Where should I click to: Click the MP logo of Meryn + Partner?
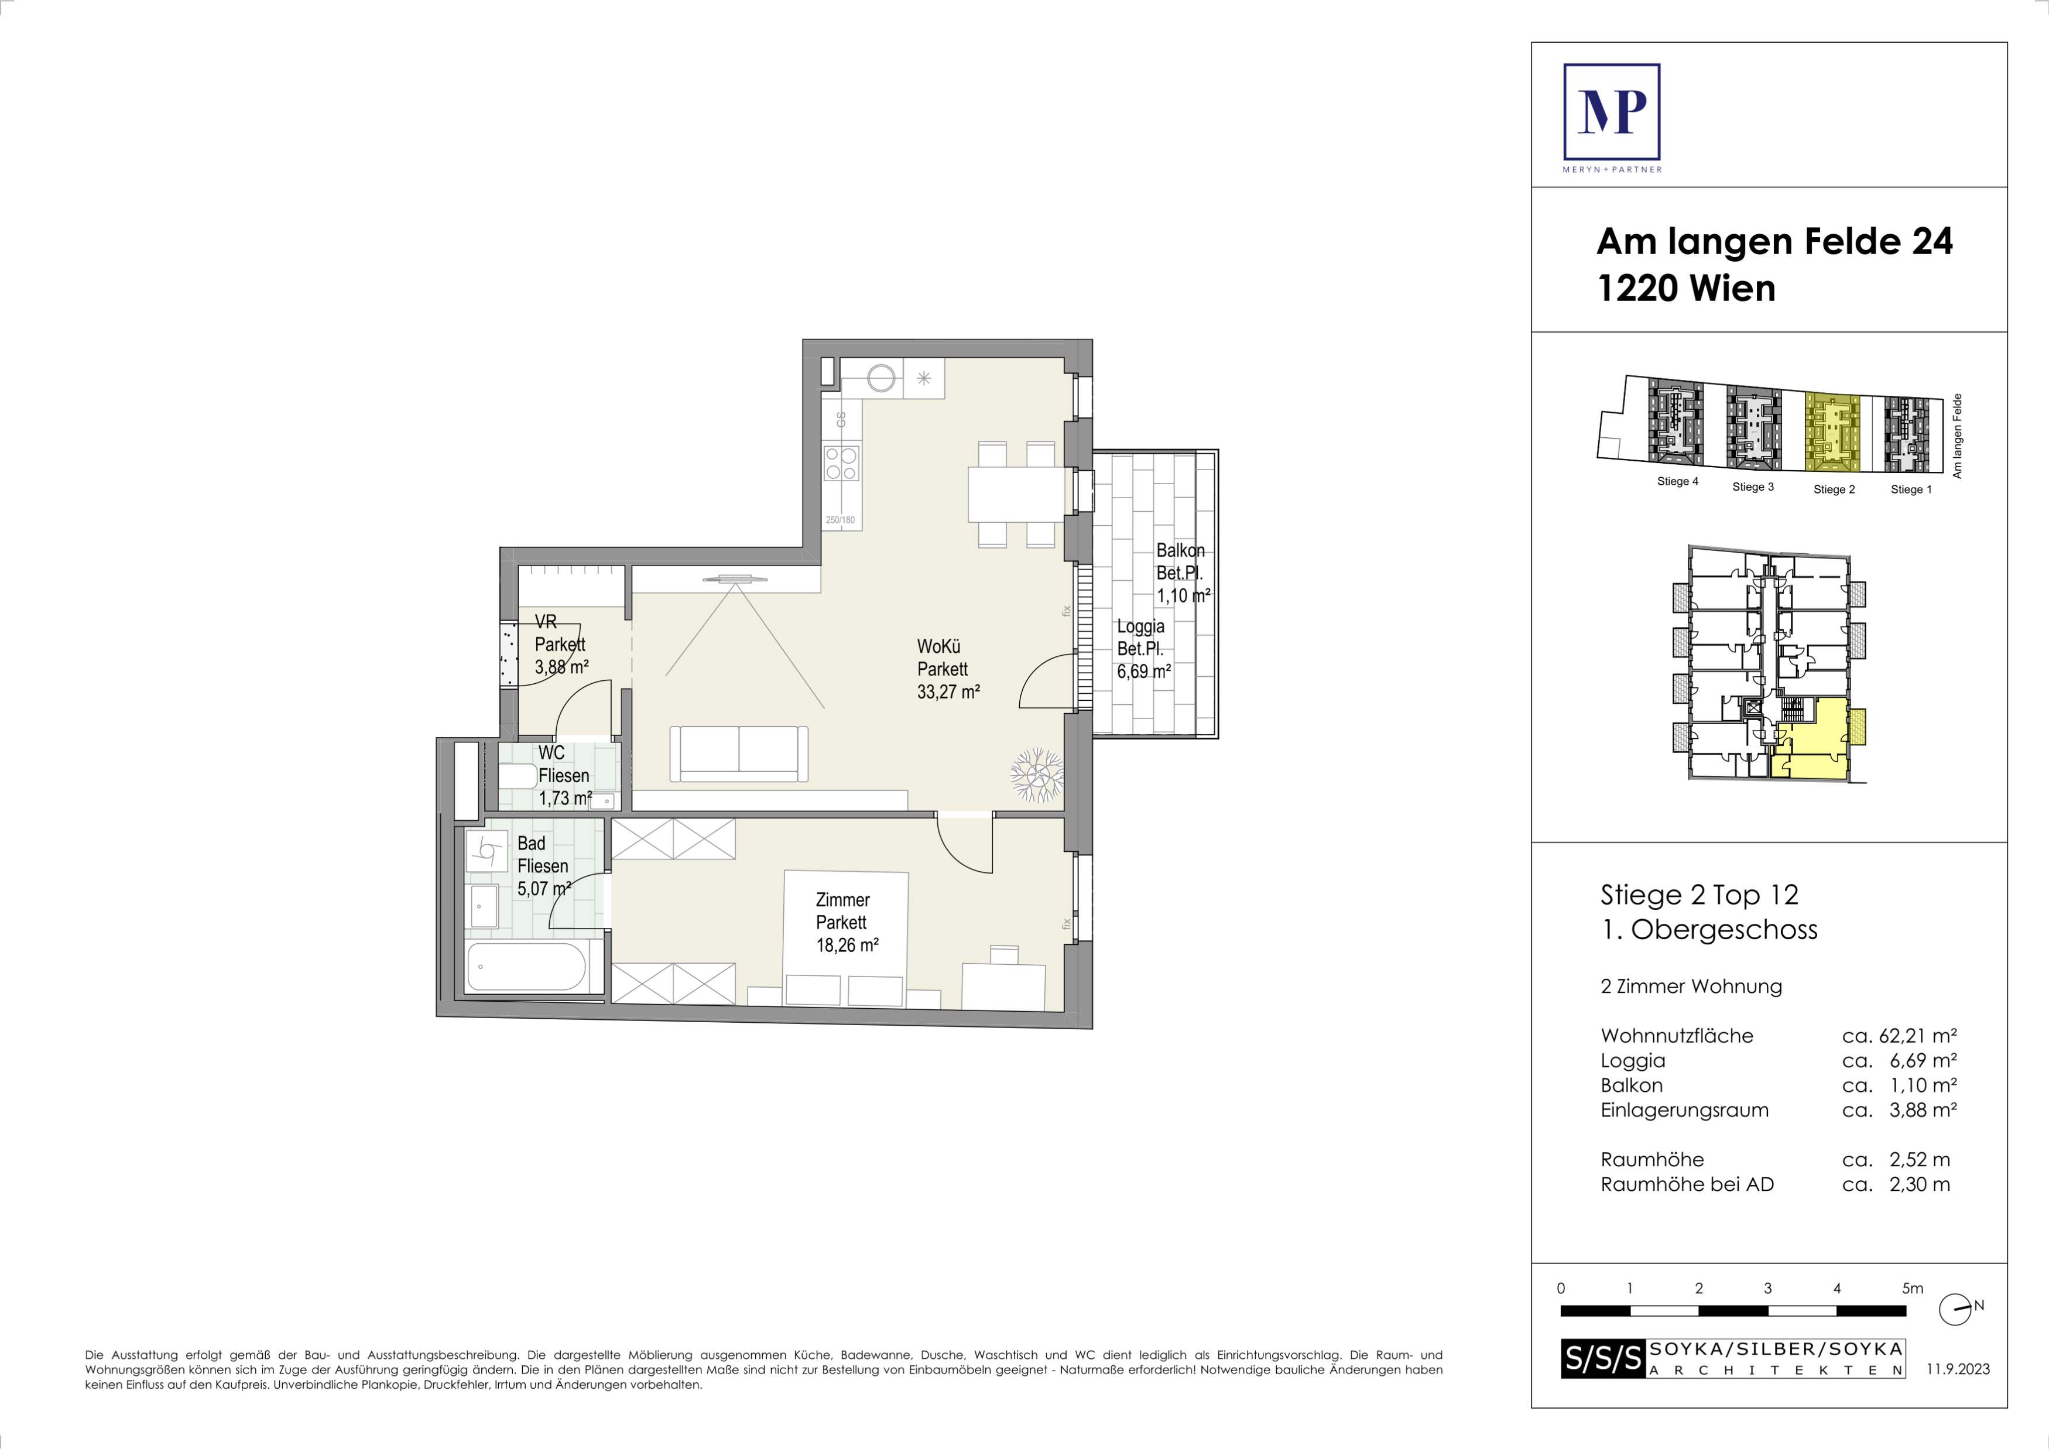click(x=1612, y=112)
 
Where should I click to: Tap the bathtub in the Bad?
click(x=526, y=967)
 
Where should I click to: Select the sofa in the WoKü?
click(x=739, y=754)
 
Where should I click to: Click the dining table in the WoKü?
click(x=1016, y=494)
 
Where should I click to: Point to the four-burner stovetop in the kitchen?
click(x=841, y=464)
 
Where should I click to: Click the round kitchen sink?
click(x=882, y=378)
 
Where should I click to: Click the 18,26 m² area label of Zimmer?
click(x=847, y=945)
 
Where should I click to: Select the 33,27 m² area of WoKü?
click(x=948, y=691)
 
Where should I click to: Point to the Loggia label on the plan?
click(x=1140, y=626)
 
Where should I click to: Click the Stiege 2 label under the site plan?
click(x=1834, y=489)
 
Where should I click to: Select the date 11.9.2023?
click(x=1958, y=1369)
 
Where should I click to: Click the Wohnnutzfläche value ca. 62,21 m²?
click(x=1899, y=1036)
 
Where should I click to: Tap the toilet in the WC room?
click(x=516, y=775)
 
